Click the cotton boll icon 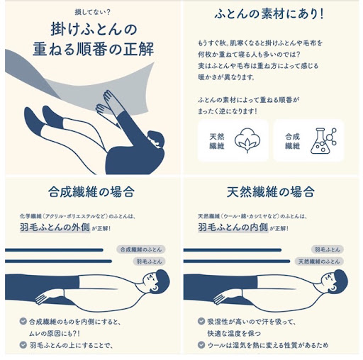point(247,140)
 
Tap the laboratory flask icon point(323,141)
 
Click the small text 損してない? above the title point(92,12)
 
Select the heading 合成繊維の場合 point(91,192)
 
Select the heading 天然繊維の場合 point(271,192)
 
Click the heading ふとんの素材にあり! point(269,14)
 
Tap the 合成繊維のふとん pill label point(141,249)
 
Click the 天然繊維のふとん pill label point(319,261)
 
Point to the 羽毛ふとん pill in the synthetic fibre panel point(149,261)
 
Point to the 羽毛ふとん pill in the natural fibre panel point(328,249)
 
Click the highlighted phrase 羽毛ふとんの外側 point(55,227)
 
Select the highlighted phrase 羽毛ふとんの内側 point(233,227)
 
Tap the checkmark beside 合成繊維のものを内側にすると point(23,321)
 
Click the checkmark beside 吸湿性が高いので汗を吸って point(201,321)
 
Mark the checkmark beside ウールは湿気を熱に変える point(201,345)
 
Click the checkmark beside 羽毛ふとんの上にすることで point(23,345)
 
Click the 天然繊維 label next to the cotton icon point(217,141)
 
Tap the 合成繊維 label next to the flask point(292,141)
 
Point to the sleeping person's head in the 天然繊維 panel point(334,281)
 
